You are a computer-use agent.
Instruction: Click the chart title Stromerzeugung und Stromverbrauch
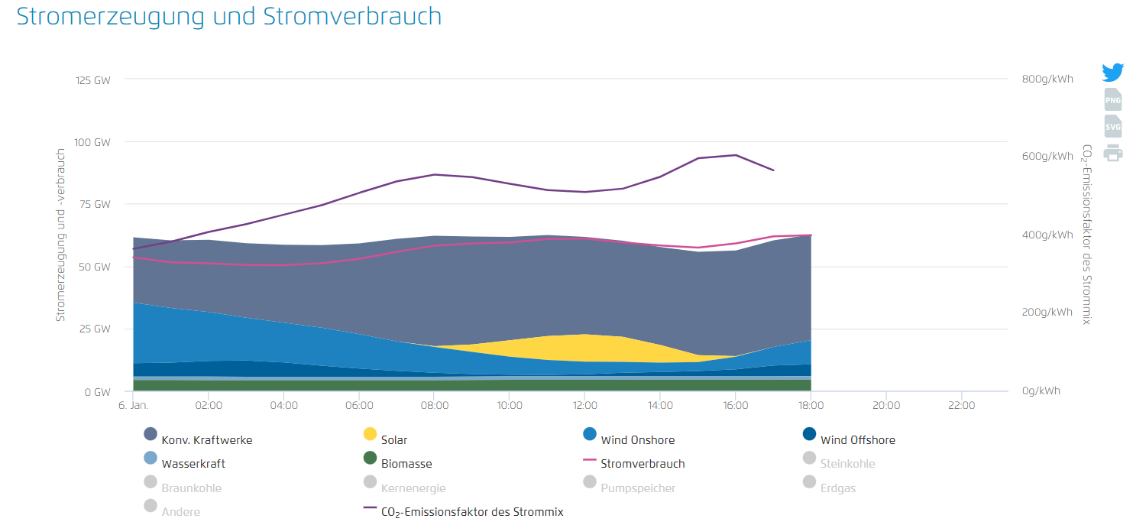tap(229, 17)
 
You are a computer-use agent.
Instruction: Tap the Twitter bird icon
tap(1112, 73)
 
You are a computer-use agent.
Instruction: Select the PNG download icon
tap(1113, 99)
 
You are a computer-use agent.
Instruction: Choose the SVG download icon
tap(1113, 126)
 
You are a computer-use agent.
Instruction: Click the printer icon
tap(1113, 153)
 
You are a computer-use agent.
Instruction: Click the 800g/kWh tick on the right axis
tap(1047, 79)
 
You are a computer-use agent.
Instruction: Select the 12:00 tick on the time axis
tap(584, 405)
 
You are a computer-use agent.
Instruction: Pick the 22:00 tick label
tap(960, 405)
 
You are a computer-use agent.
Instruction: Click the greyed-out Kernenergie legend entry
tap(413, 488)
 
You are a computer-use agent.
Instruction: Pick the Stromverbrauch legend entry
tap(643, 463)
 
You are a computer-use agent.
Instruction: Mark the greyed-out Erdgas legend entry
tap(838, 488)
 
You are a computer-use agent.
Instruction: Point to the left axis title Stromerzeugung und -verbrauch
tap(60, 235)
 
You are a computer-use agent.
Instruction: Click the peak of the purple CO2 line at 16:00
tap(735, 155)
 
